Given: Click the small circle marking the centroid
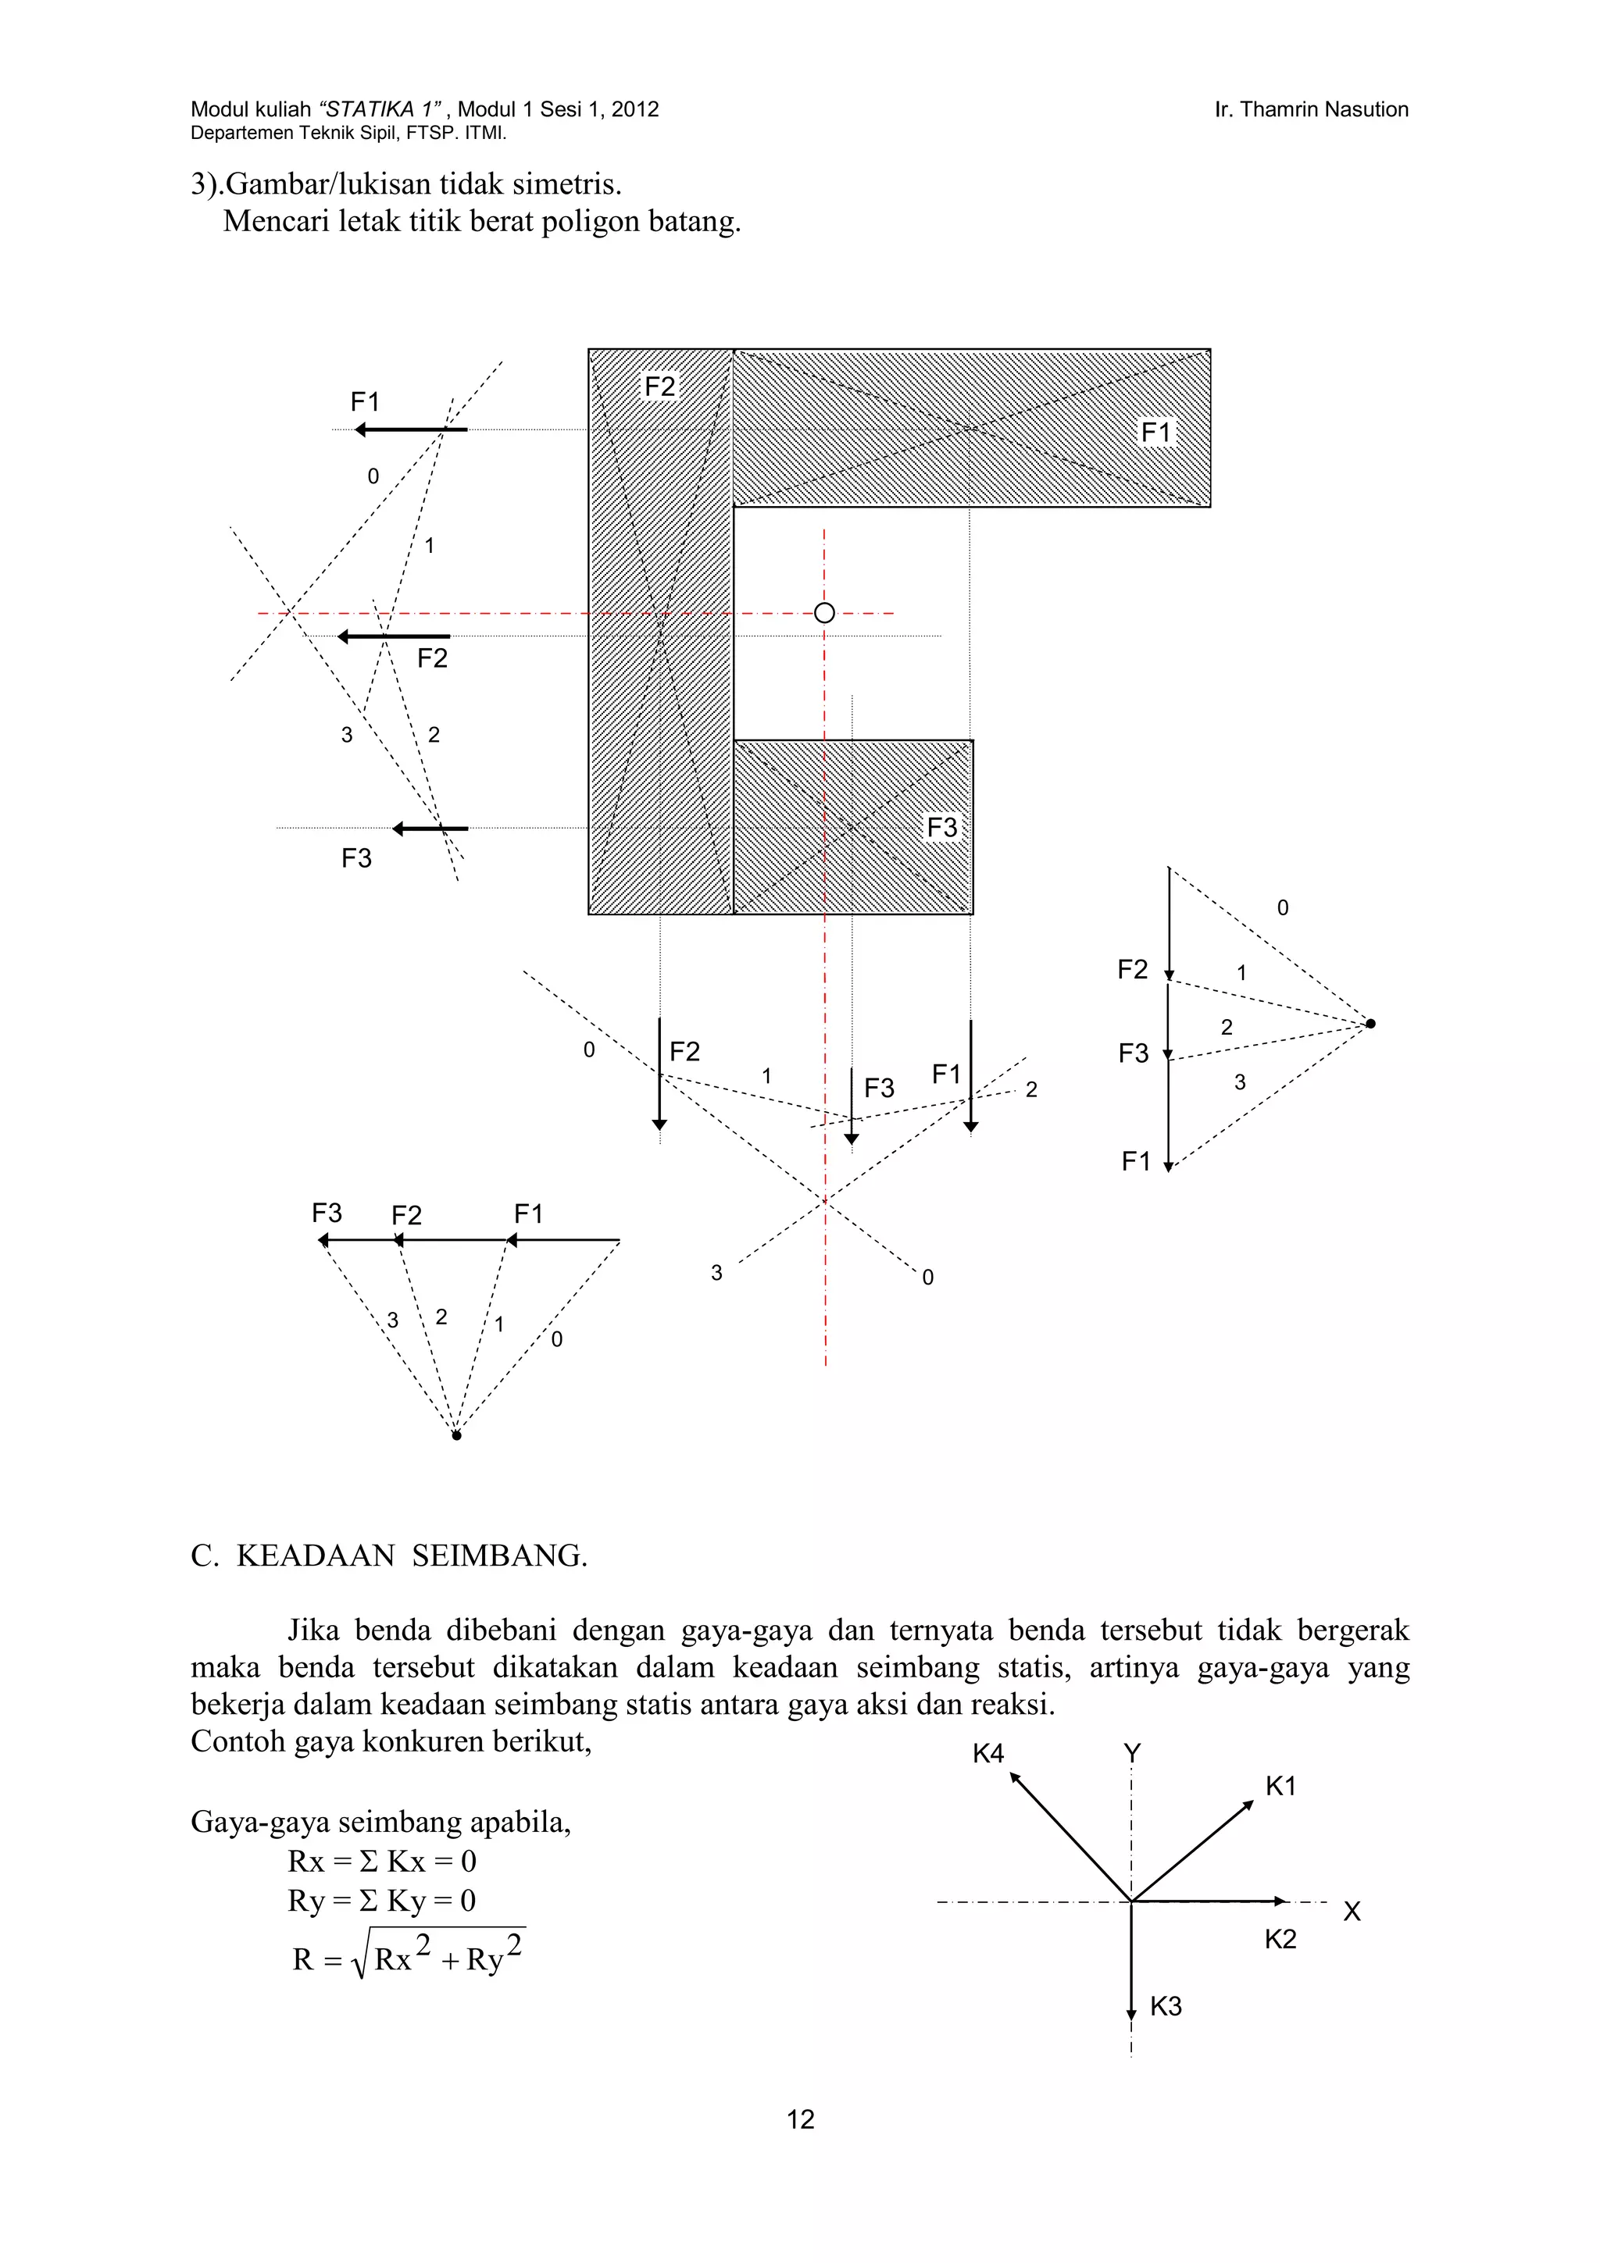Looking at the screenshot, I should click(824, 613).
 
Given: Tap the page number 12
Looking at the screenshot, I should click(801, 2119).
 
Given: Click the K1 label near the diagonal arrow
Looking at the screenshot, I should click(1280, 1786).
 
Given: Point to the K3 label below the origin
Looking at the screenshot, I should click(1166, 2006).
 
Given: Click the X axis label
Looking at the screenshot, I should click(1352, 1911).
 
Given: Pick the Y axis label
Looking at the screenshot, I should click(1132, 1753).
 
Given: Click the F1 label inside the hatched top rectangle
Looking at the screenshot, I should click(1156, 432).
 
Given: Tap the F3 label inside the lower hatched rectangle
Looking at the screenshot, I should click(941, 827).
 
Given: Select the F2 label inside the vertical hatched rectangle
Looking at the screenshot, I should click(659, 387).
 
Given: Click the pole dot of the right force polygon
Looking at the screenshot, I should click(1370, 1024).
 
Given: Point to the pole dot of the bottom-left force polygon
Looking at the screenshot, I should click(456, 1435).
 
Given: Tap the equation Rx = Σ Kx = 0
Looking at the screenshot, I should click(381, 1861).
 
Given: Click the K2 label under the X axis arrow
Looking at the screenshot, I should click(1280, 1939).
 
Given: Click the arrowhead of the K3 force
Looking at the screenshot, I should click(1132, 2015).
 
